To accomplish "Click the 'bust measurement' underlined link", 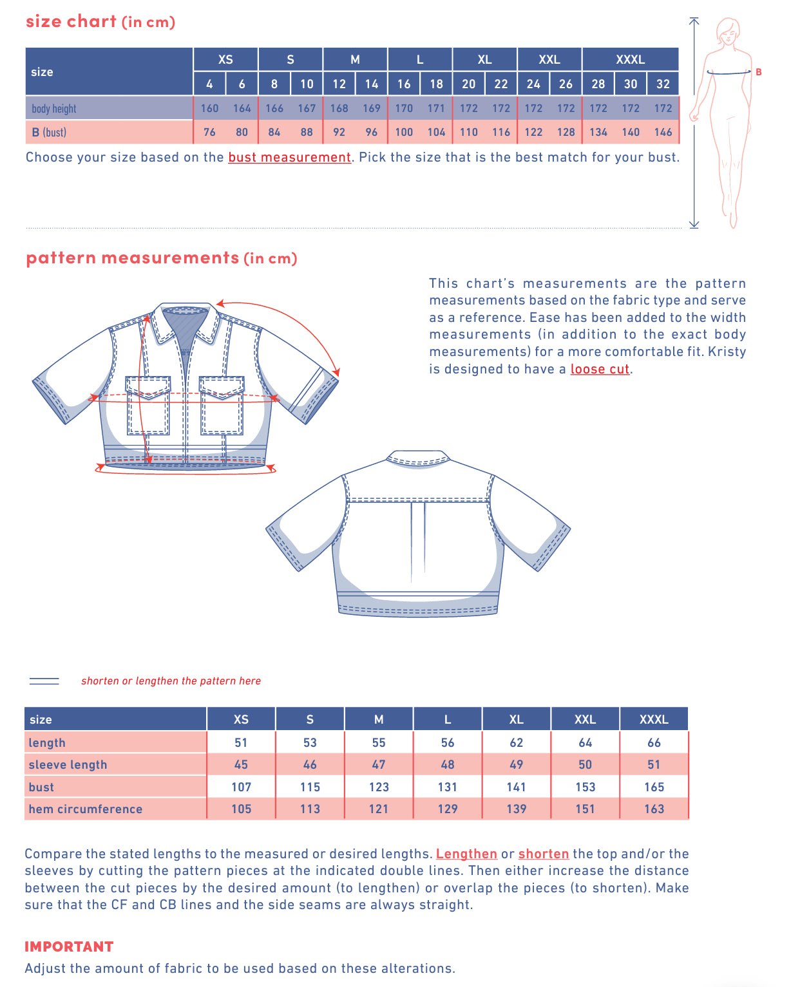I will tap(289, 157).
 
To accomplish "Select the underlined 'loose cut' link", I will tap(600, 369).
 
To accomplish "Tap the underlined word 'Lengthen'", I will tap(466, 854).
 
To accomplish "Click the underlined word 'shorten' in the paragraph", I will tap(543, 854).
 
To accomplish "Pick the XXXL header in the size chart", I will tap(630, 59).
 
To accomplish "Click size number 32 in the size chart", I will tap(663, 84).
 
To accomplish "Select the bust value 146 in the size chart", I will tap(663, 132).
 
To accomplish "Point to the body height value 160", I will tap(209, 108).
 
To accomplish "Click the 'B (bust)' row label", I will tap(49, 132).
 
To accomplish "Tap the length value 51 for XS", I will tap(241, 742).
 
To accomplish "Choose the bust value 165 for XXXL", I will tap(654, 787).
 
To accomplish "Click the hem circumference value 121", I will tap(379, 809).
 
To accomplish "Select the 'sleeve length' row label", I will tap(68, 764).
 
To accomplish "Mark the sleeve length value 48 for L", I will tap(448, 764).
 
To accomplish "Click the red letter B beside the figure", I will tap(758, 72).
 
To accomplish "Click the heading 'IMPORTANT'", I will tap(69, 946).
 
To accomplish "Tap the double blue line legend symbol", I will tap(44, 681).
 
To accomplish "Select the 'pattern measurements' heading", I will tap(133, 258).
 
